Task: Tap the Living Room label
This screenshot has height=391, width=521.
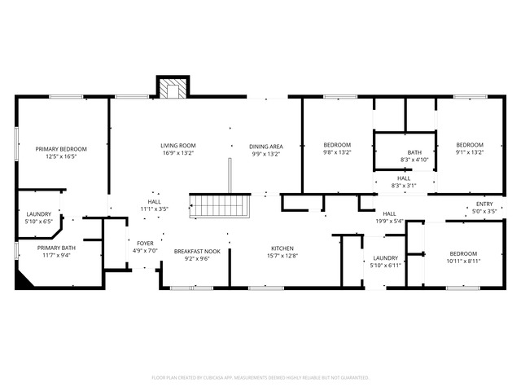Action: [x=177, y=145]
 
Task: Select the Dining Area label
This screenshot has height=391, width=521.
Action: [x=265, y=145]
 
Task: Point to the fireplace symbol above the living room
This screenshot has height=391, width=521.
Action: [x=173, y=88]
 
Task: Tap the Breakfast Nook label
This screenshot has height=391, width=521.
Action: [x=197, y=251]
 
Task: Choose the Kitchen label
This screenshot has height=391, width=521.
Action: [x=282, y=248]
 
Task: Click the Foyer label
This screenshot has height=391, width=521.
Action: [x=144, y=243]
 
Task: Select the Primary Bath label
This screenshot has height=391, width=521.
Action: [x=56, y=248]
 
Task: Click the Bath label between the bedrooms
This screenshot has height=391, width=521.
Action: [x=415, y=152]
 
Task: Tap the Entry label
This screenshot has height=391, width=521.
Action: [x=485, y=204]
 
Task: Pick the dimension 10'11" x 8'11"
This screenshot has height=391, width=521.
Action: [x=463, y=261]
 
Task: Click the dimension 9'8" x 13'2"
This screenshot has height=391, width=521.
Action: [x=337, y=152]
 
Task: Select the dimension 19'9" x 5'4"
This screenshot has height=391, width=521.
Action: [x=389, y=221]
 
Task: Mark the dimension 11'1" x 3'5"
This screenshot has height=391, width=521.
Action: [x=154, y=209]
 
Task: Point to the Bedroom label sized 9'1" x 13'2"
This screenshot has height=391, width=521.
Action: [x=469, y=152]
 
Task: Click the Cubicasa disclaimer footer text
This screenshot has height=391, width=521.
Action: [x=260, y=378]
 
